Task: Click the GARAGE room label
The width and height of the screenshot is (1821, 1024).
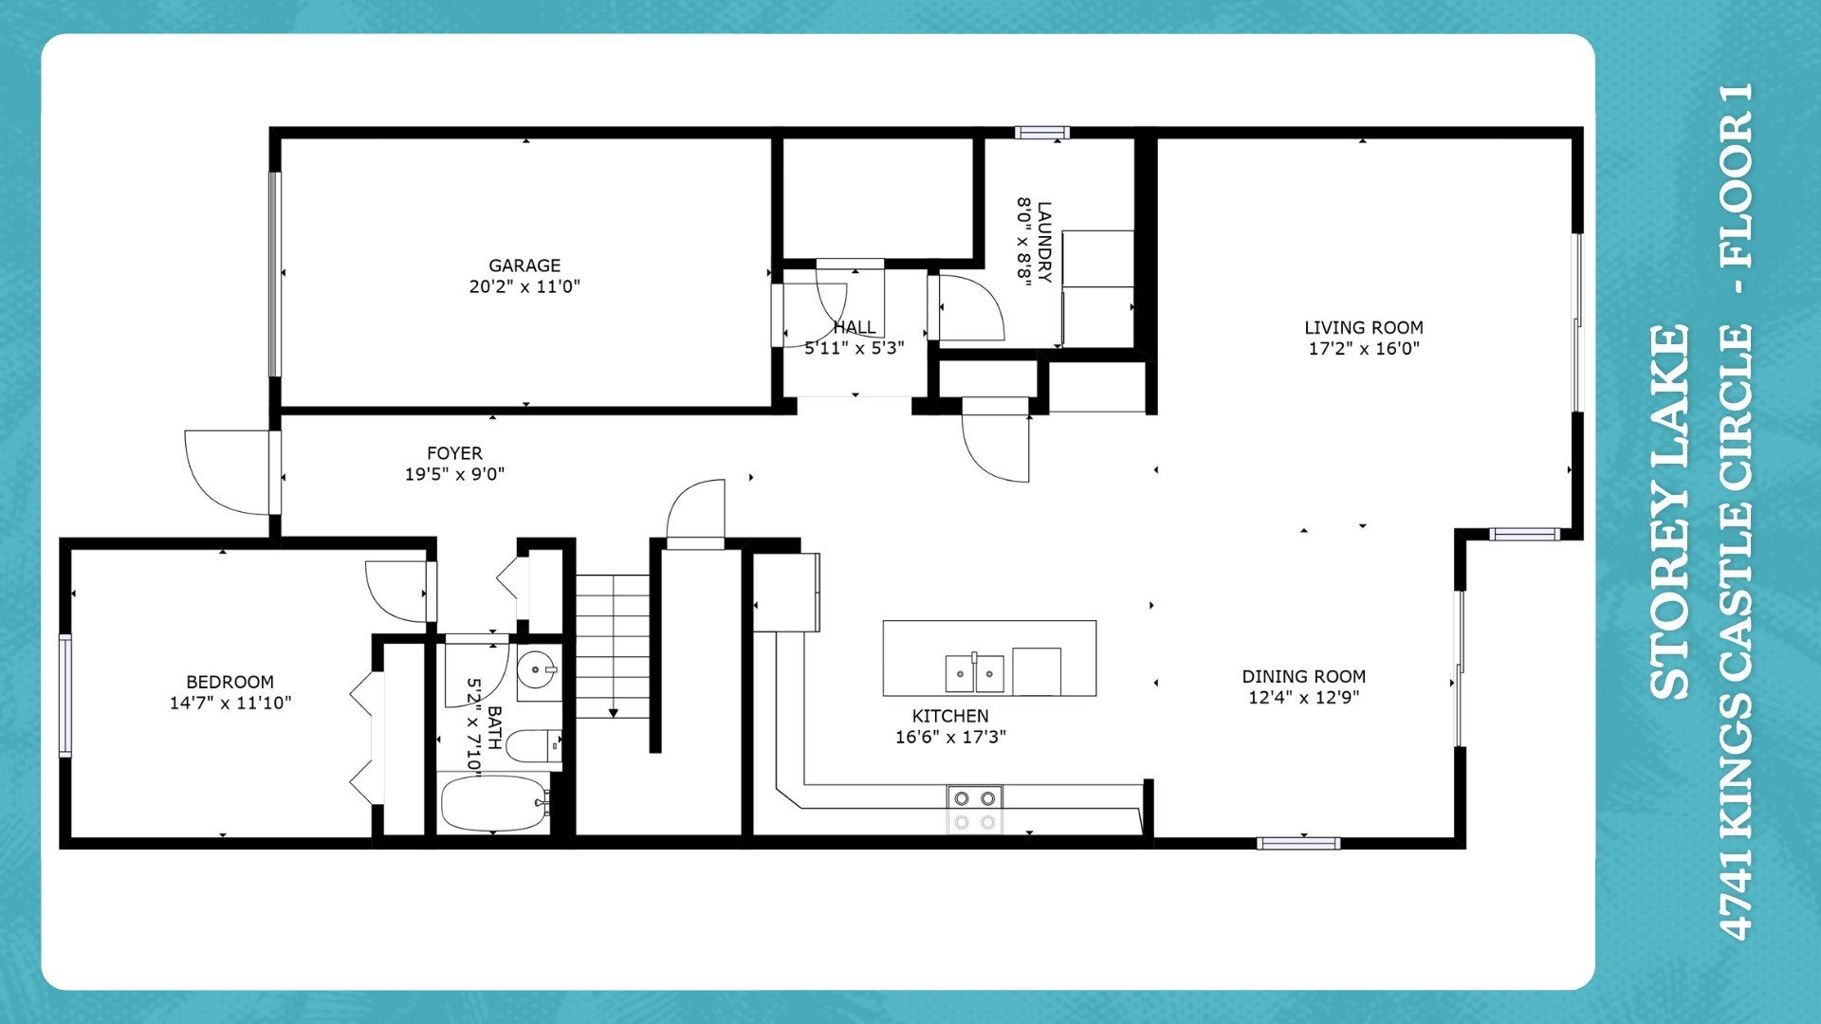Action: click(524, 265)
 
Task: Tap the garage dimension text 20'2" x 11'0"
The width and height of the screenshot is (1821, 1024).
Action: click(524, 286)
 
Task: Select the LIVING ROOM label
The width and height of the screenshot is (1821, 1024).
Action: click(1364, 327)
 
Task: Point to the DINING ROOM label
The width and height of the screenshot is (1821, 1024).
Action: click(1304, 676)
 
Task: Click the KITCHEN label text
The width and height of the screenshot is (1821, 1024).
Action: click(950, 716)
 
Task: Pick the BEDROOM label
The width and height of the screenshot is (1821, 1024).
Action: click(230, 682)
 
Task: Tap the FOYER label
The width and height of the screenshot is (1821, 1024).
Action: click(454, 453)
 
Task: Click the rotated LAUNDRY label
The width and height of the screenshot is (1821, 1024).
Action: click(1044, 242)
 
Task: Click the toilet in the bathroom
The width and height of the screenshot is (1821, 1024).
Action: click(534, 745)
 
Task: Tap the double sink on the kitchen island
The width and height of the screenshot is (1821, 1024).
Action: click(974, 674)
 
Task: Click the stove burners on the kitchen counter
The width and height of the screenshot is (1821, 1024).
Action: click(975, 810)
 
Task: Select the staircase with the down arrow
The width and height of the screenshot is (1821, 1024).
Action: click(613, 646)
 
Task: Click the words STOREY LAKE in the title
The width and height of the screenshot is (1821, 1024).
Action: click(1670, 512)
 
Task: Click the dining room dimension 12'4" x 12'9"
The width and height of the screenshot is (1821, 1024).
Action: click(1304, 698)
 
